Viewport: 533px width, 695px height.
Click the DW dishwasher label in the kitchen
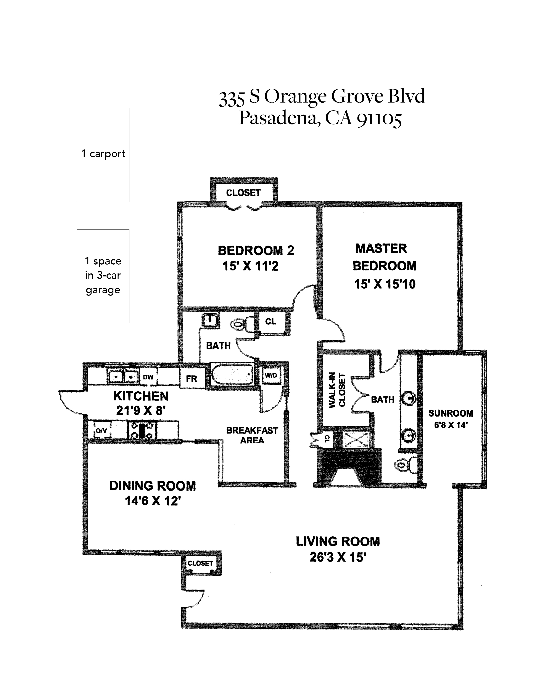[x=148, y=377]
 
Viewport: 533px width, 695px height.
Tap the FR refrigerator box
[x=192, y=378]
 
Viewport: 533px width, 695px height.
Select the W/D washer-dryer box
[x=271, y=376]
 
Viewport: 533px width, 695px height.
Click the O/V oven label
[x=101, y=431]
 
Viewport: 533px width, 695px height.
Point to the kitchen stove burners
[x=142, y=430]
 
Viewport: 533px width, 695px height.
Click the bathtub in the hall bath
[x=233, y=374]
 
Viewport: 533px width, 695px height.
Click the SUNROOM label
[x=451, y=413]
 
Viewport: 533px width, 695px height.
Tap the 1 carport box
[x=103, y=155]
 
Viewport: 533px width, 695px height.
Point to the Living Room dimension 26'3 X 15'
[x=338, y=557]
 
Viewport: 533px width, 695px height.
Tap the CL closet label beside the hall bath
[x=271, y=321]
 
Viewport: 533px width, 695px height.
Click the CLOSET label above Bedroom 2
[x=243, y=193]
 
